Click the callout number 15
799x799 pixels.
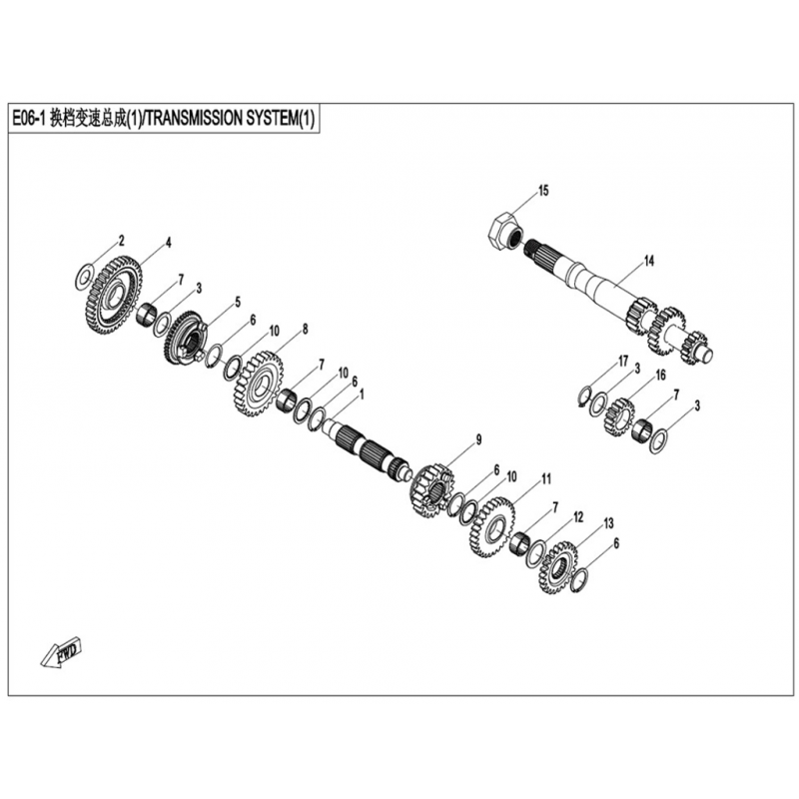tap(543, 190)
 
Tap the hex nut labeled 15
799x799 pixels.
tap(502, 231)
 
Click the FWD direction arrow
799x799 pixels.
tap(61, 653)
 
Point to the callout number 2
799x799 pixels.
tap(121, 241)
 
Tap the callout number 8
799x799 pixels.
tap(305, 328)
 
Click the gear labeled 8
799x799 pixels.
tap(255, 380)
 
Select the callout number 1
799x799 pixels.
tap(361, 394)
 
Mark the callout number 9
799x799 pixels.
tap(478, 438)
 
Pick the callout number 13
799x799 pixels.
tap(608, 523)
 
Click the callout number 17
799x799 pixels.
tap(621, 361)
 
